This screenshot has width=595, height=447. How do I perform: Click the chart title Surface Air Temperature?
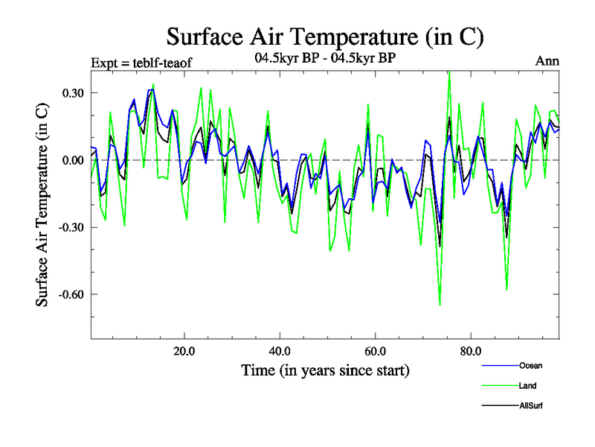(x=325, y=36)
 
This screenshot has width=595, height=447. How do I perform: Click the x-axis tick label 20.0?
(x=184, y=351)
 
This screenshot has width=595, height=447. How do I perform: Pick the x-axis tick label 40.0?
(x=280, y=351)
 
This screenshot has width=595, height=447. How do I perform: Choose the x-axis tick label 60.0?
(x=375, y=351)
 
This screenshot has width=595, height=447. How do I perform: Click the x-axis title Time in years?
(x=325, y=370)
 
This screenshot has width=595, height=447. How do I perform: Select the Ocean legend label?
(x=531, y=365)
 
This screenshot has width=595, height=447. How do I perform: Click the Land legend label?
(x=528, y=386)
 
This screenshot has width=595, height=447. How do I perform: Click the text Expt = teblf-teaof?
(x=141, y=63)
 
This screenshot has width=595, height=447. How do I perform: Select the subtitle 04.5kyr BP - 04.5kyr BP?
(x=325, y=60)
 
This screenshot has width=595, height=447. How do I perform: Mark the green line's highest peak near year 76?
(x=449, y=72)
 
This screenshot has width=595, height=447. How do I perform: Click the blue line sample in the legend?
(x=498, y=365)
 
